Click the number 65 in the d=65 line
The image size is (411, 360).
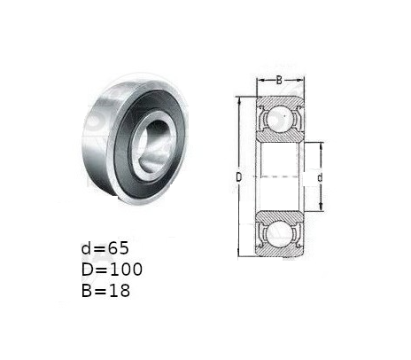coord(118,248)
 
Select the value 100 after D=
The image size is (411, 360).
coord(126,270)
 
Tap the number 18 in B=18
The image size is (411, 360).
coord(119,291)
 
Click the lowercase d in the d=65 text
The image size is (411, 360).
coord(86,247)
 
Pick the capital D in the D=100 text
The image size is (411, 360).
coord(88,270)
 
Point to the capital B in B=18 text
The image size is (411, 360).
coord(87,291)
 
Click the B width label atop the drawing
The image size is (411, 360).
coord(279,80)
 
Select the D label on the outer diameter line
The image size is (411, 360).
coord(239,177)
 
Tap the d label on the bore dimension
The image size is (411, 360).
coord(320,178)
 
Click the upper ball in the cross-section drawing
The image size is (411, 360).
coord(280,118)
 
